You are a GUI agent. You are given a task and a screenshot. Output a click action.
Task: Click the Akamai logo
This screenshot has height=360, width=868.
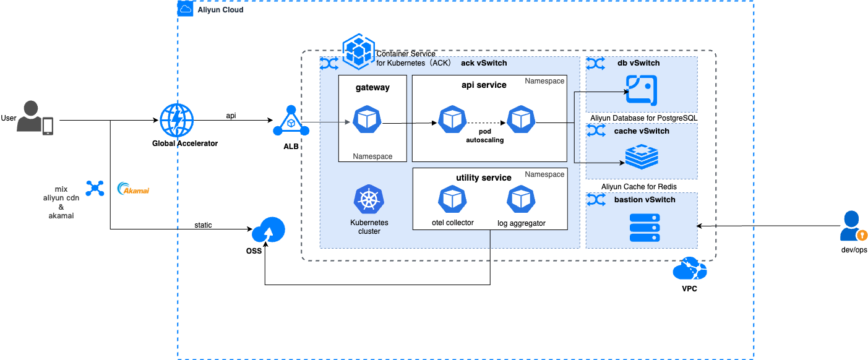point(134,189)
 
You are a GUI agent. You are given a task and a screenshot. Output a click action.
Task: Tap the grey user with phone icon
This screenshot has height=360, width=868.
point(34,118)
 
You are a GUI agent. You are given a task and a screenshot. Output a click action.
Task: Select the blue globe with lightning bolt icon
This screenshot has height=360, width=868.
point(177,120)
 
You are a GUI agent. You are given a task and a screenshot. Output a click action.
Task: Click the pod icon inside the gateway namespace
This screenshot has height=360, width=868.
point(367,119)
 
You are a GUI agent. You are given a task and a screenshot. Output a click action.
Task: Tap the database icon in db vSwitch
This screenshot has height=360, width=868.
point(642,90)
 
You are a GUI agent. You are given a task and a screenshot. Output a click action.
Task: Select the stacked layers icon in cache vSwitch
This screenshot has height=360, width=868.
point(642,156)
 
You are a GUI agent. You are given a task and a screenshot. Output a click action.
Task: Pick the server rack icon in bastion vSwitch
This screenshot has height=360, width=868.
point(644,228)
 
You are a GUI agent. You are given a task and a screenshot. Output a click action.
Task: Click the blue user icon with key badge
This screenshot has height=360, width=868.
point(853,226)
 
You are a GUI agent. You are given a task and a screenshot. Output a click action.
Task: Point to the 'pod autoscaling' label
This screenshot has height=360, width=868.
point(485,136)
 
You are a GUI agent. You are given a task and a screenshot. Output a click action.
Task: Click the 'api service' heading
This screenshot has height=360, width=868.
point(484,85)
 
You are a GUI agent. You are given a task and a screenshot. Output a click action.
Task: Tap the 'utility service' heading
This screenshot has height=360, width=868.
point(484,178)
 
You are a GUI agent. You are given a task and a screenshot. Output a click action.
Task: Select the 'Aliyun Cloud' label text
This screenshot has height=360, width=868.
point(220,10)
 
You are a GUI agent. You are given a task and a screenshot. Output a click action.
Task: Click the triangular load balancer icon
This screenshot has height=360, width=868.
point(291,121)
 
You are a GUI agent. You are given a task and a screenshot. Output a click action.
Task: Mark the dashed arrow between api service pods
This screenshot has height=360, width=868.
point(486,122)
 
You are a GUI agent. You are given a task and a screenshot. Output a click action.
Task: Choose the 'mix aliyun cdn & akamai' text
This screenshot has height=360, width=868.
point(61,202)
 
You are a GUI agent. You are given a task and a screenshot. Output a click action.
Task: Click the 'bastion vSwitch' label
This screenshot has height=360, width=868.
point(645,200)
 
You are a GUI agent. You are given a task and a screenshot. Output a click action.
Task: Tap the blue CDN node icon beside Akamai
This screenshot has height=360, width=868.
point(95,189)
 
